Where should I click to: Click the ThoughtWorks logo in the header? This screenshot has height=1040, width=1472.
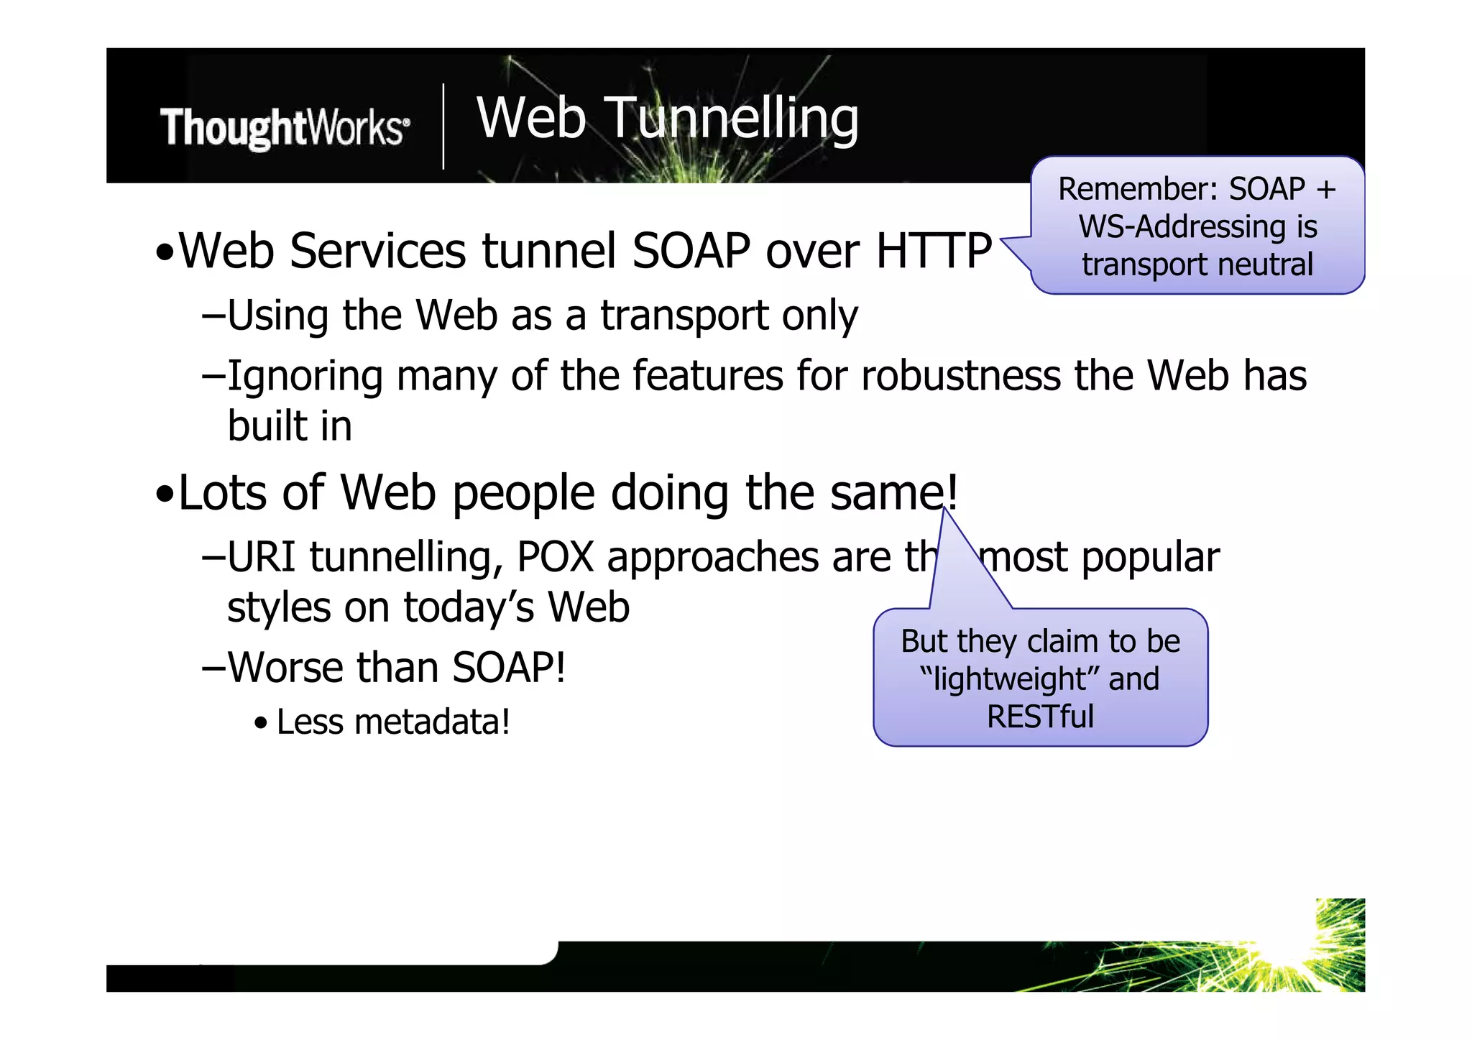(285, 128)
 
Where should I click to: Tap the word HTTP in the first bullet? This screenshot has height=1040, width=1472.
(933, 251)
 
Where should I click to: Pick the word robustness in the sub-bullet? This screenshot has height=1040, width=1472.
(960, 376)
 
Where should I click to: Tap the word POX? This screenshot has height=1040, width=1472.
(556, 558)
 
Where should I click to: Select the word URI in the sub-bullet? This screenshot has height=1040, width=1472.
(262, 558)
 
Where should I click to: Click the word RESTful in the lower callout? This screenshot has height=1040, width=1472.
(1040, 717)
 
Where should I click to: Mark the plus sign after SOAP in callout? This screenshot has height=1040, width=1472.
(1326, 190)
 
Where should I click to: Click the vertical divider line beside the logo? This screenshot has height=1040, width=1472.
(443, 126)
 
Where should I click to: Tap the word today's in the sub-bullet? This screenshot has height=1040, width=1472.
(469, 607)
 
